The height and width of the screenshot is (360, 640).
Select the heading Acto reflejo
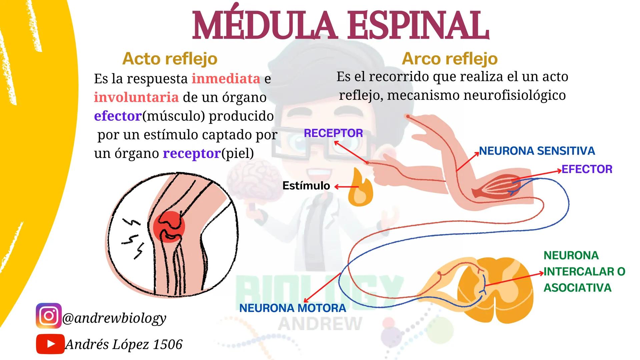[x=170, y=59]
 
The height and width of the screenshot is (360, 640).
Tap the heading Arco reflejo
[x=450, y=59]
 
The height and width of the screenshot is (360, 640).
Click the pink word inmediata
[x=226, y=79]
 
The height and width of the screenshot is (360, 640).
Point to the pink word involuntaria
[x=136, y=97]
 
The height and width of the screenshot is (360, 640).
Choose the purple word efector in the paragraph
[x=118, y=116]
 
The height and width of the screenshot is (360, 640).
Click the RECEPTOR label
[x=333, y=133]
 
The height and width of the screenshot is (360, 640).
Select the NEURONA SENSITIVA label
[x=537, y=151]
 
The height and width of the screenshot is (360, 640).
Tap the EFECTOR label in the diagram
[x=587, y=169]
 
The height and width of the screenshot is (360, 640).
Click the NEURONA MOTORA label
[x=292, y=308]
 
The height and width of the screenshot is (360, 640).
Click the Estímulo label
[x=306, y=186]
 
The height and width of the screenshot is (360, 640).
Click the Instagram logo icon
[x=49, y=316]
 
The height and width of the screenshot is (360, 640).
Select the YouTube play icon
[x=50, y=344]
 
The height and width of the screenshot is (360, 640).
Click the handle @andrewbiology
[x=114, y=318]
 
